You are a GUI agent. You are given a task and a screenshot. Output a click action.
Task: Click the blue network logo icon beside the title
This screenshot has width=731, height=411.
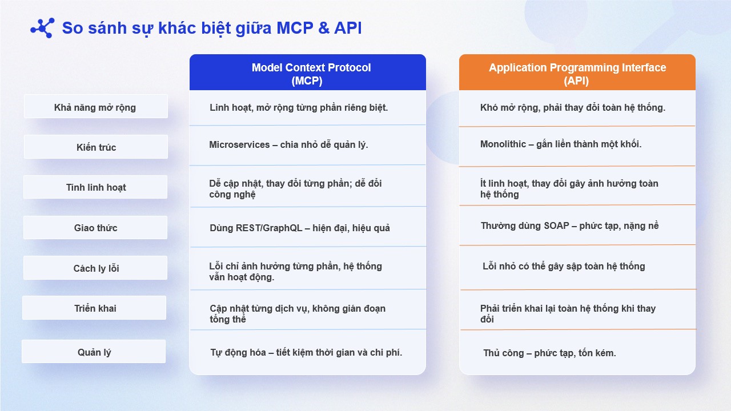click(42, 28)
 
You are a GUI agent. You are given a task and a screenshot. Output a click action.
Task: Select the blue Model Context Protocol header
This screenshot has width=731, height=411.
click(308, 72)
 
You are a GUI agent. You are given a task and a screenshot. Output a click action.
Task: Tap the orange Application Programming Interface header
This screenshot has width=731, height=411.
click(577, 72)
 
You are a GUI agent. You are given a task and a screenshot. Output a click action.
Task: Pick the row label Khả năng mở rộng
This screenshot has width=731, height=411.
click(95, 107)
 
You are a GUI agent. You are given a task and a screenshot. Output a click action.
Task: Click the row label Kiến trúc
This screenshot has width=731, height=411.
click(95, 147)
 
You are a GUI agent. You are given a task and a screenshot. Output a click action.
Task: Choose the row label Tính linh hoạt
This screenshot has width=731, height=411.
click(95, 187)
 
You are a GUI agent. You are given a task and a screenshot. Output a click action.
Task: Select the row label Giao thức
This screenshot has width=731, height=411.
click(95, 227)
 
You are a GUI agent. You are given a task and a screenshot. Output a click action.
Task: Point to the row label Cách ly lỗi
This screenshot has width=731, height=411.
click(95, 268)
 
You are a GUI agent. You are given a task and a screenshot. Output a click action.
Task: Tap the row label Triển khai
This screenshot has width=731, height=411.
click(94, 308)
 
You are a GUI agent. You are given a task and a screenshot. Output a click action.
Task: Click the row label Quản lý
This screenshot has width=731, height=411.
click(94, 352)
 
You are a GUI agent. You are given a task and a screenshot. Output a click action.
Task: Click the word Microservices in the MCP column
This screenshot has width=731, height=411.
click(239, 144)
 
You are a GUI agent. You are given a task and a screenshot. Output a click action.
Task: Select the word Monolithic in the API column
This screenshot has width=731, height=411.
click(503, 144)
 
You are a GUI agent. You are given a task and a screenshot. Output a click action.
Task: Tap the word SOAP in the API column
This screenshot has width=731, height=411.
click(556, 225)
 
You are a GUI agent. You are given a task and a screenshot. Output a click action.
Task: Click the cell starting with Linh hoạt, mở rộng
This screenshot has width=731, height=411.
click(299, 108)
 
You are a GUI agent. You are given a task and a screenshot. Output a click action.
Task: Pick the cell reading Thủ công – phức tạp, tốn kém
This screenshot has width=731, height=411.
click(549, 353)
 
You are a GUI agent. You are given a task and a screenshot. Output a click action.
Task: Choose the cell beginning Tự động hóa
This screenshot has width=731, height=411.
click(306, 352)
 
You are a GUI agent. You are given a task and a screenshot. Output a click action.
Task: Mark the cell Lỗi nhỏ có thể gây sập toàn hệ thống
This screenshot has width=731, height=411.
click(564, 267)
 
